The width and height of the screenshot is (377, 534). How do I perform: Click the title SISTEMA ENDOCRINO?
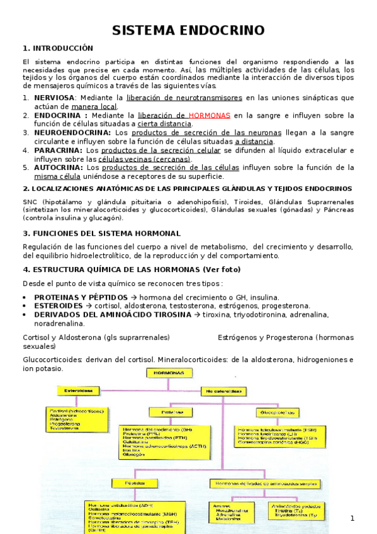click(x=188, y=31)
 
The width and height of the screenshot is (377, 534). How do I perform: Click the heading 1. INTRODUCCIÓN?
click(x=57, y=48)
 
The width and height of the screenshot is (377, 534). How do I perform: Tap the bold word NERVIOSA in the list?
click(x=54, y=98)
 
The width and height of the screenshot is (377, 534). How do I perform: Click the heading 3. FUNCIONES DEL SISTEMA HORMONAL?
click(x=101, y=234)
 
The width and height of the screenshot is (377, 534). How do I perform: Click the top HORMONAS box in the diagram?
click(x=165, y=373)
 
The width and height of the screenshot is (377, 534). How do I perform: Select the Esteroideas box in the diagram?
click(x=78, y=391)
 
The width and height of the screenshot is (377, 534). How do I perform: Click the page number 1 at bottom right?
click(x=352, y=518)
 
